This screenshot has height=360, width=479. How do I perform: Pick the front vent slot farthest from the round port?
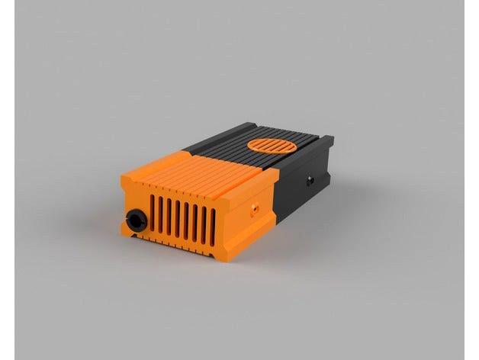point(213,225)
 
